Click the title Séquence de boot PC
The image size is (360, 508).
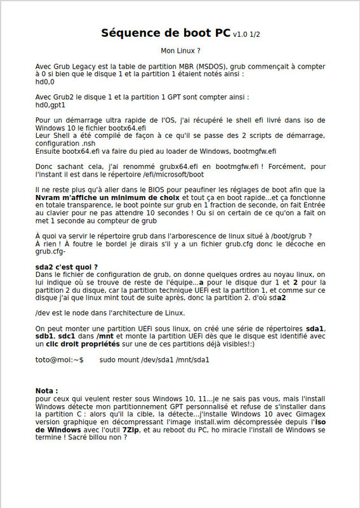(166, 33)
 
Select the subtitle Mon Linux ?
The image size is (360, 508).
(181, 50)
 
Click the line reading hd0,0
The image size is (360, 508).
(45, 81)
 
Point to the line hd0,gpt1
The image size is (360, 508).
(51, 105)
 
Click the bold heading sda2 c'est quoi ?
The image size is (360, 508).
(67, 267)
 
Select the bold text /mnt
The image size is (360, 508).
(88, 335)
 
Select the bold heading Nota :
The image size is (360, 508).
(47, 391)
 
